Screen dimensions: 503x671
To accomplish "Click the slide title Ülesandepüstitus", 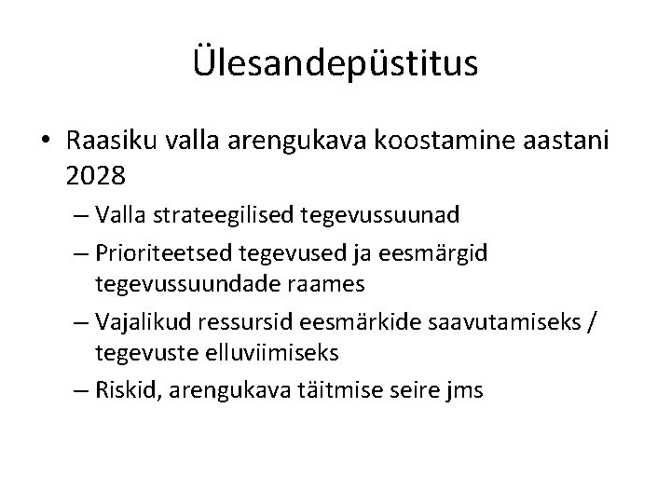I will click(335, 64).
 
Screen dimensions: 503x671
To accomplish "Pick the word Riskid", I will click(126, 389).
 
